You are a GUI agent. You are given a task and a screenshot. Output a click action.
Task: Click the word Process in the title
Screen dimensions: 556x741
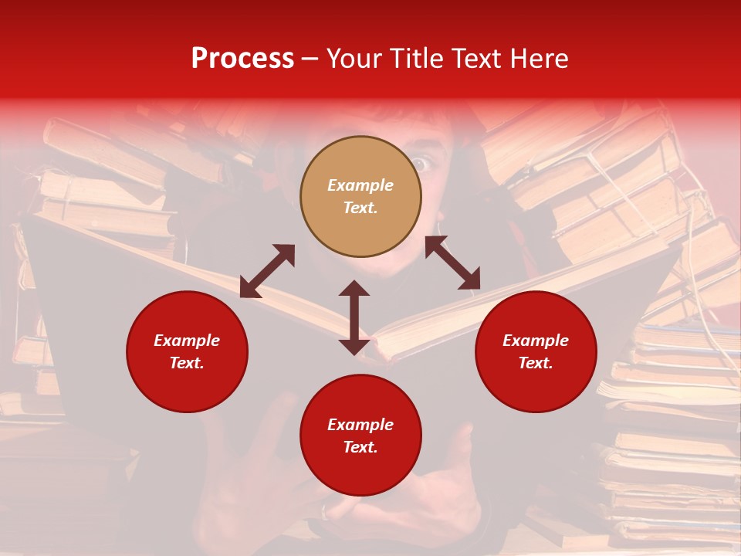(242, 59)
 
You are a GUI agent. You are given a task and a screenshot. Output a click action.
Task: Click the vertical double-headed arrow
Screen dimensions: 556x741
(354, 317)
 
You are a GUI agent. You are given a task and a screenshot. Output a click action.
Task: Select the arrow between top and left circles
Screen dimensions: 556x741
(267, 271)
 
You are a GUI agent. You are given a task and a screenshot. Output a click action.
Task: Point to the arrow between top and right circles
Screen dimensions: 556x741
(452, 263)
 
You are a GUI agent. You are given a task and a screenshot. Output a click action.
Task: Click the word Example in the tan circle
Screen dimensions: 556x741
(360, 185)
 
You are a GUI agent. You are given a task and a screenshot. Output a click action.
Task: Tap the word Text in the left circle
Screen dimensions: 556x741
(186, 363)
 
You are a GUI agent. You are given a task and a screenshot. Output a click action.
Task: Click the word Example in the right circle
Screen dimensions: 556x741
(536, 341)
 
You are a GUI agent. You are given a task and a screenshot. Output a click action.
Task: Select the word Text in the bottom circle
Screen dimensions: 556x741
(360, 447)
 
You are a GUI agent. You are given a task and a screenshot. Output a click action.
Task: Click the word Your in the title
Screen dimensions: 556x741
(354, 59)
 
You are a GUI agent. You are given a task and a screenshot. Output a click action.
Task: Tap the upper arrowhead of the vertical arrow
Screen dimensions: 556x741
(354, 289)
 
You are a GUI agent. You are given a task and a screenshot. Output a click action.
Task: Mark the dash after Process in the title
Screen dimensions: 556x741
(310, 59)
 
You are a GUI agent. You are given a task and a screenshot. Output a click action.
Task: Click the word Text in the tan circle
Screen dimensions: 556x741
(360, 208)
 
